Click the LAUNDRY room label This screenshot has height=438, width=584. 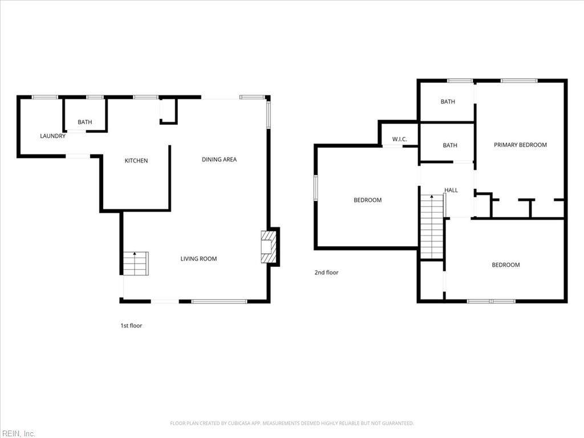coord(52,136)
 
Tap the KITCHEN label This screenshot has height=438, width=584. coord(136,160)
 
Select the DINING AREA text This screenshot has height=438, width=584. coord(219,160)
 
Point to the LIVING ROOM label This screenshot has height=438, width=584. coord(198,259)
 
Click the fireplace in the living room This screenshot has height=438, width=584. coord(268,247)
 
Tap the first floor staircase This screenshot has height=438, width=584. coord(136,263)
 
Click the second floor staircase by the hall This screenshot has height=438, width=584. coord(432,226)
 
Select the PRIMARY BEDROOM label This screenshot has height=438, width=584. coord(520,145)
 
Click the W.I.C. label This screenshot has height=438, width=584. coord(399,139)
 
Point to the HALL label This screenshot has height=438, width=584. coord(451,190)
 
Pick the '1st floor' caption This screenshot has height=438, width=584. coord(131,326)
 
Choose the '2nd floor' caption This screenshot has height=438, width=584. coord(326,272)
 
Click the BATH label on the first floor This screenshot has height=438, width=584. coord(84,122)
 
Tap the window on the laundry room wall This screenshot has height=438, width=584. coord(44,97)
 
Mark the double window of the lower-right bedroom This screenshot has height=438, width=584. coord(491,301)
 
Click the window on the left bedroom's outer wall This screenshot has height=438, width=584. coord(316,188)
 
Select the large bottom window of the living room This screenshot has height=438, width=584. coord(220,301)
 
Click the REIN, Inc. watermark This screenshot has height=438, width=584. coord(18,433)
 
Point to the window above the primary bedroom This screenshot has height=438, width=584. coord(519,80)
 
